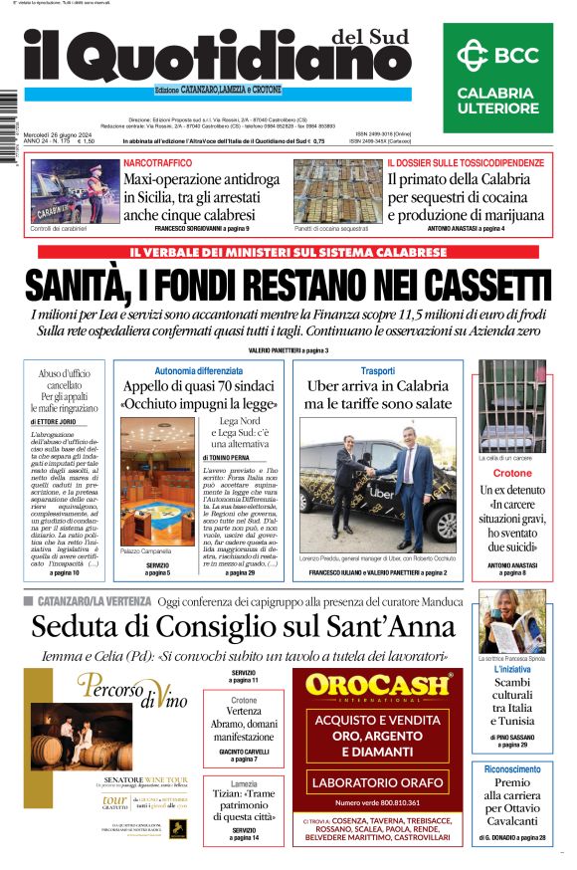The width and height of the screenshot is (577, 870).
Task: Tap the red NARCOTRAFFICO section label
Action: point(152,162)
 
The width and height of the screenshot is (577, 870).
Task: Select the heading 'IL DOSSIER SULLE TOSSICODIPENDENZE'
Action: point(466,162)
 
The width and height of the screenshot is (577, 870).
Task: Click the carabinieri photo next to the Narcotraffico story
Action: point(71,193)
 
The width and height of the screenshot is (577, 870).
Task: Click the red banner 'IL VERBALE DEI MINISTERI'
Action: point(288,253)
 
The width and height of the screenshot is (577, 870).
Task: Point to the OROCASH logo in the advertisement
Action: point(377,685)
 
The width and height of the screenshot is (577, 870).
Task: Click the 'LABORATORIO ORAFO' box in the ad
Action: point(377,782)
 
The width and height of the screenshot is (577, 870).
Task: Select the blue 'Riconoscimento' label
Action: point(512,769)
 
